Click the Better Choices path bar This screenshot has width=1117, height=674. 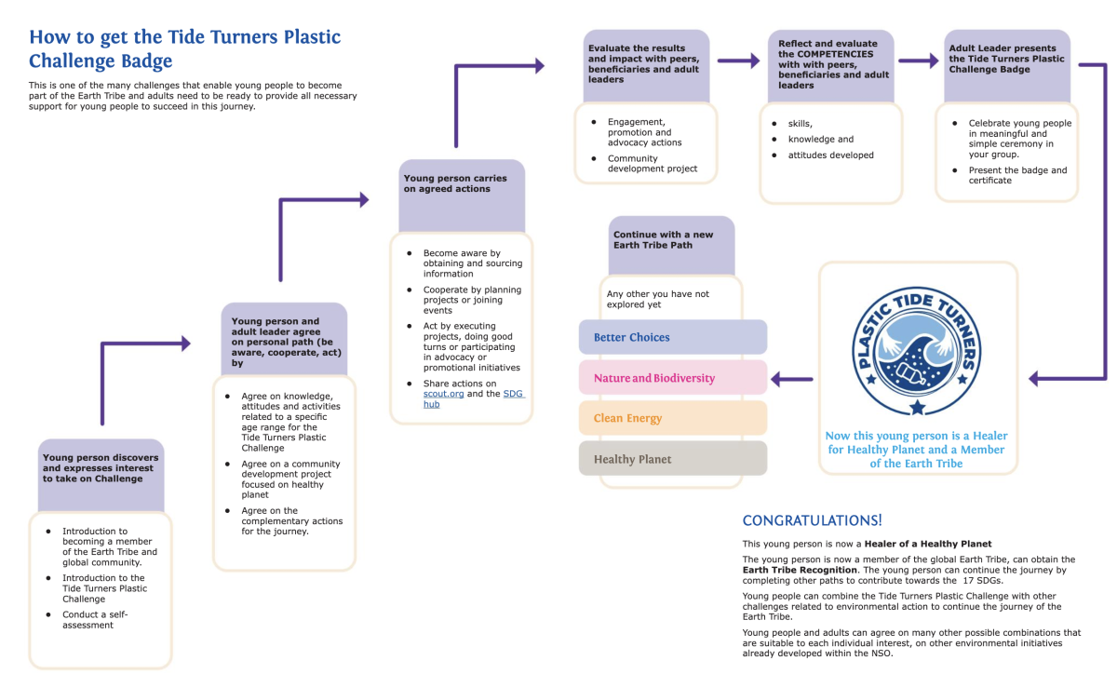[x=672, y=337]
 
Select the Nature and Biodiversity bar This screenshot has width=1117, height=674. [x=672, y=378]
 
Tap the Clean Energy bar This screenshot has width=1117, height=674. [x=672, y=418]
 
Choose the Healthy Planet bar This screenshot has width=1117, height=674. [x=672, y=459]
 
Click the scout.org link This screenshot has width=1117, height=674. [x=443, y=394]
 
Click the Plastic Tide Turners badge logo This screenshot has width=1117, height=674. [x=917, y=349]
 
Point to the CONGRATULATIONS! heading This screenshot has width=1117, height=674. [x=812, y=520]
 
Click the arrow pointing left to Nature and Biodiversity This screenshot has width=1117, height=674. [x=792, y=379]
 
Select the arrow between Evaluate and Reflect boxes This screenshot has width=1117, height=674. [x=738, y=61]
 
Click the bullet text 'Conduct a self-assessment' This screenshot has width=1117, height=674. [x=95, y=620]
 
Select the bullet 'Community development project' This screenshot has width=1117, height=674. [x=652, y=164]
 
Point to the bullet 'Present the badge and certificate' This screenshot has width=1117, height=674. [x=1017, y=175]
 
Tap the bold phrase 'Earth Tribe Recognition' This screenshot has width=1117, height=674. [x=800, y=569]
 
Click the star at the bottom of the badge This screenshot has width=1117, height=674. [x=917, y=407]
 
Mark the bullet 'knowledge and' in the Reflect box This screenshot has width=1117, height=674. [x=820, y=140]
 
